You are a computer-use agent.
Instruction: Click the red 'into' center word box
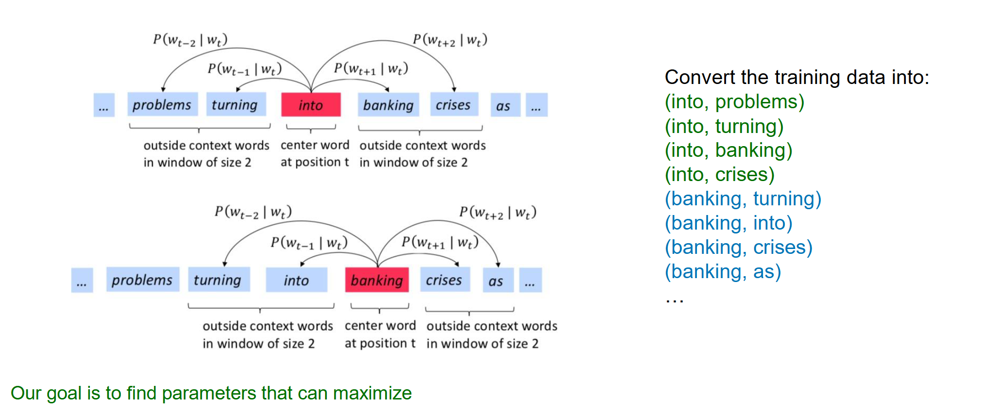click(x=311, y=105)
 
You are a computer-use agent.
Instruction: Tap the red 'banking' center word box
click(x=377, y=280)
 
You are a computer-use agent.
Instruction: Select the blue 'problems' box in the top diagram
click(x=162, y=105)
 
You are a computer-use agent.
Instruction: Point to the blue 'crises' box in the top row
click(x=454, y=105)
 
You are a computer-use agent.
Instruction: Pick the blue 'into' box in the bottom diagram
click(x=296, y=280)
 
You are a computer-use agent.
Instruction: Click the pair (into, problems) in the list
click(x=734, y=102)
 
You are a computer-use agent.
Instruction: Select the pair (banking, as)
click(x=723, y=272)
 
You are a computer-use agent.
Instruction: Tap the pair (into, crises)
click(x=719, y=175)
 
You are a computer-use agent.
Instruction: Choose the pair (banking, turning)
click(x=743, y=199)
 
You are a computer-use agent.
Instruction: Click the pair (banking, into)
click(x=728, y=223)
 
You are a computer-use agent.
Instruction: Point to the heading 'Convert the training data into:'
click(x=797, y=78)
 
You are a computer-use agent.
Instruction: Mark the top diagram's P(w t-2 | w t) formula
click(x=190, y=40)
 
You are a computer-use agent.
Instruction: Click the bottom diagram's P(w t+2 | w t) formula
click(x=498, y=213)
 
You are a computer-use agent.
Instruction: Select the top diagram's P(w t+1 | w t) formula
click(x=371, y=68)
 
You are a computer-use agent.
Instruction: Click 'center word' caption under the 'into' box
click(x=315, y=145)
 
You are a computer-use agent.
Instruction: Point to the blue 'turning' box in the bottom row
click(x=218, y=280)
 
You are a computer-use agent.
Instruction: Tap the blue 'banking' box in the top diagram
click(x=389, y=105)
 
